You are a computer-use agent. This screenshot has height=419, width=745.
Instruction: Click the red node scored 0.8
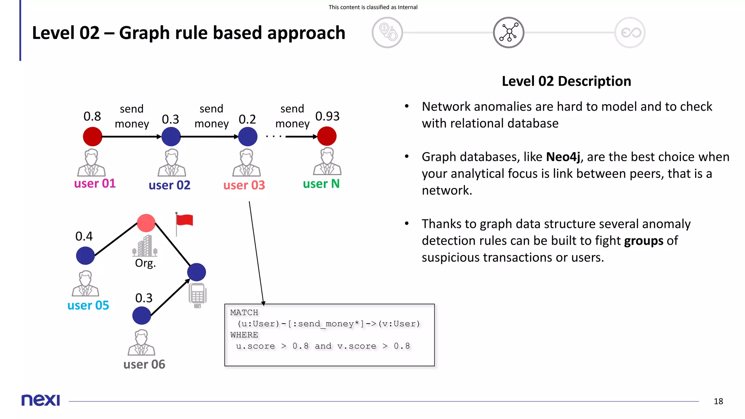click(92, 136)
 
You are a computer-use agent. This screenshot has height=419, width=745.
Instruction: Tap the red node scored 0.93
click(327, 136)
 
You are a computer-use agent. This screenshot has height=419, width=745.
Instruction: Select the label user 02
click(170, 185)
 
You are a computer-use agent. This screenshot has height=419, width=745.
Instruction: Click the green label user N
click(321, 184)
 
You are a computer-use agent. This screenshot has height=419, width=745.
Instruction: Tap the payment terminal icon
click(198, 295)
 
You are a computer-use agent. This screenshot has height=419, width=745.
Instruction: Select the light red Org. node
click(146, 223)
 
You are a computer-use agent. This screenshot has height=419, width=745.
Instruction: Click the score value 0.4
click(84, 236)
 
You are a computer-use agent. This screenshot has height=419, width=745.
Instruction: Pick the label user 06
click(144, 364)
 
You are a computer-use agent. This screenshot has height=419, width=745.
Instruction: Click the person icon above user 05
click(85, 283)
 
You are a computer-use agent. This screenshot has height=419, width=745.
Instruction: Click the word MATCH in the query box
click(244, 312)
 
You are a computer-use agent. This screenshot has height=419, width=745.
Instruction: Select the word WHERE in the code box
click(244, 335)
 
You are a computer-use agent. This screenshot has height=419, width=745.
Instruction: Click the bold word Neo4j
click(563, 157)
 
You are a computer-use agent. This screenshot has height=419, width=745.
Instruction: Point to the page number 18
click(718, 401)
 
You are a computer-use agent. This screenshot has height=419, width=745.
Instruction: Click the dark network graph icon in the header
click(508, 32)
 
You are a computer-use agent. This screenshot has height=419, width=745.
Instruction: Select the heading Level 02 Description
click(566, 81)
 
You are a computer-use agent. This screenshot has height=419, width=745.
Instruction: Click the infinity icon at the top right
click(630, 32)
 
